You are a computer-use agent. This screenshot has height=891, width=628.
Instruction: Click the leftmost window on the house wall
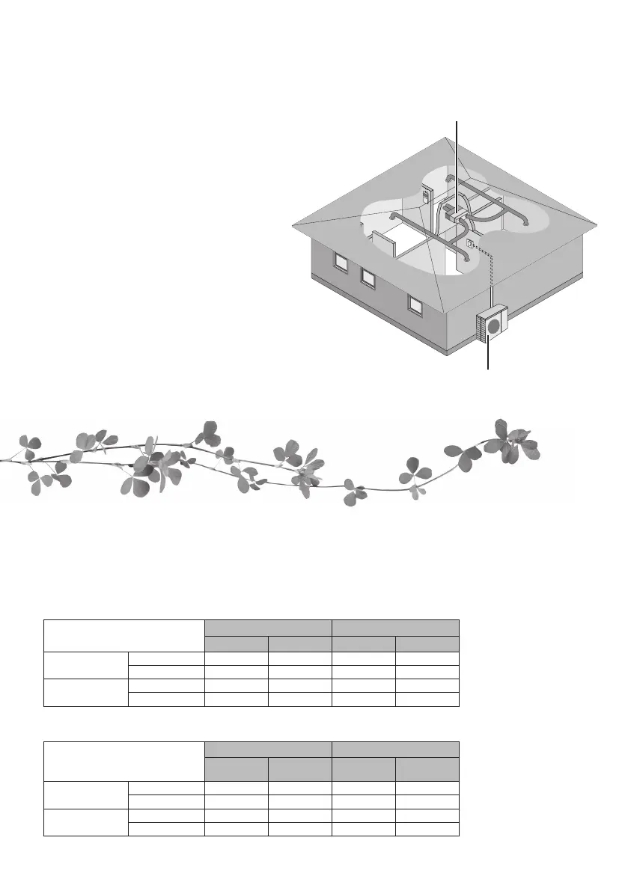pos(341,263)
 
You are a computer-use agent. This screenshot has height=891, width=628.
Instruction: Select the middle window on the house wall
pos(368,278)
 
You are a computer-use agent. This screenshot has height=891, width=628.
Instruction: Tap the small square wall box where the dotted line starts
pos(469,243)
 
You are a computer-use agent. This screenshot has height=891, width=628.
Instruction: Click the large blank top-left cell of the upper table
pos(124,635)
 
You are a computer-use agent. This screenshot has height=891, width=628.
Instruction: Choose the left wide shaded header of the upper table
pos(269,627)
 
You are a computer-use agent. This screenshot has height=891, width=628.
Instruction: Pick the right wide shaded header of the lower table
pos(395,749)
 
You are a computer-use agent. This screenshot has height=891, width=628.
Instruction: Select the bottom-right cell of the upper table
pos(427,699)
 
